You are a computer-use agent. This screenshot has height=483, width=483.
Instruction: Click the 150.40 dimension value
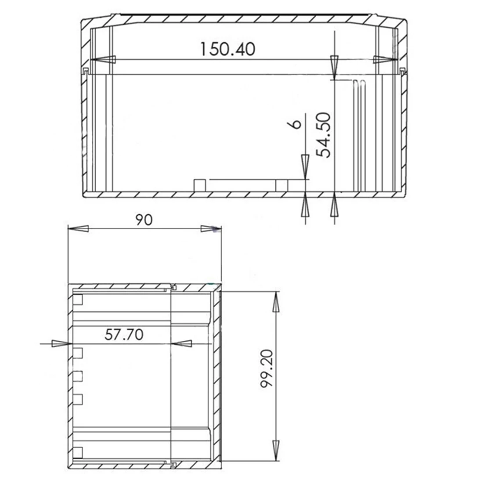[227, 49]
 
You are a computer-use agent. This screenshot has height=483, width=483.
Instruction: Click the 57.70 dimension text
[124, 335]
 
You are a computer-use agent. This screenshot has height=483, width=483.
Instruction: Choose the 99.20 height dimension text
[267, 369]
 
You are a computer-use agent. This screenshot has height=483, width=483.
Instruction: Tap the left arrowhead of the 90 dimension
[79, 229]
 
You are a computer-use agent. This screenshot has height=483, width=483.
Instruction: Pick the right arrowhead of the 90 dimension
[210, 229]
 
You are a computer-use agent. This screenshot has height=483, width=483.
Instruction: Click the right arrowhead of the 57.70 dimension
[181, 343]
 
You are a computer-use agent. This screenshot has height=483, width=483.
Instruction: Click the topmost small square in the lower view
[78, 300]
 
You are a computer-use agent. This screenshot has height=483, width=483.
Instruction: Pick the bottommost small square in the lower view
[78, 451]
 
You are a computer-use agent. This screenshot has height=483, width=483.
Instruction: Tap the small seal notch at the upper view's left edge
[86, 70]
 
